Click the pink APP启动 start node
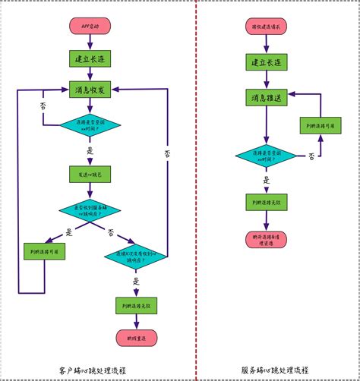coord(90,26)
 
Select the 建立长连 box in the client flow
coord(90,58)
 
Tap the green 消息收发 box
coord(90,90)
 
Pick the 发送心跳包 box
coord(90,174)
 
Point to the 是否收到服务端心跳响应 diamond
coord(90,210)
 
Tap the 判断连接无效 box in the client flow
coord(137,305)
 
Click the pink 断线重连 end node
coord(137,338)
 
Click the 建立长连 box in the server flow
coord(265,63)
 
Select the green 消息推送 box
coord(265,99)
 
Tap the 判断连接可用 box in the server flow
coord(320,124)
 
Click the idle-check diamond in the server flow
coord(265,155)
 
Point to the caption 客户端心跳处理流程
coord(91,370)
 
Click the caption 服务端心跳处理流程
coord(275,370)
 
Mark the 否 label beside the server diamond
coord(311,156)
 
